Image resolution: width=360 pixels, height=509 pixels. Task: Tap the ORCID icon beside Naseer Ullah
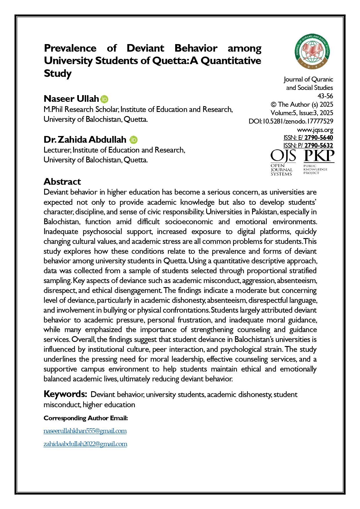point(104,99)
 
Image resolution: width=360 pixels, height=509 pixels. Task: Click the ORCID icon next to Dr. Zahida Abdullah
point(133,140)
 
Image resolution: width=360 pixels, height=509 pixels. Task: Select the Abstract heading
point(62,182)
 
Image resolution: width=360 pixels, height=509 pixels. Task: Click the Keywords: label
point(65,394)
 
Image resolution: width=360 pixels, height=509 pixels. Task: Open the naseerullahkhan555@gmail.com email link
point(85,431)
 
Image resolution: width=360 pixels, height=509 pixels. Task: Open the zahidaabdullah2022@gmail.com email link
point(85,444)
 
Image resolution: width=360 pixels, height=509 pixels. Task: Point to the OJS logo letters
point(283,157)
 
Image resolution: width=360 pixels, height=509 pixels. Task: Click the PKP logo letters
point(319,156)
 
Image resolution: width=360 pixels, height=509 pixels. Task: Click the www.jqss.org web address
point(315,130)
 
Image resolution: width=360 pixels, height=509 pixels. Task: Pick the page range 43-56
point(325,96)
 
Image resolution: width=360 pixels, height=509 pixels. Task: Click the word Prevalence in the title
point(70,48)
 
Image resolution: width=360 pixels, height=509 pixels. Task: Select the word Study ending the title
point(58,73)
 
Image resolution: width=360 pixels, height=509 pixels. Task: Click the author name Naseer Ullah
point(71,99)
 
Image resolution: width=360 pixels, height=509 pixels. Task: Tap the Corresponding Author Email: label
point(86,418)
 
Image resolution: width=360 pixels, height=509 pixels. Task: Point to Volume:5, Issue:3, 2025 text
point(302,113)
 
